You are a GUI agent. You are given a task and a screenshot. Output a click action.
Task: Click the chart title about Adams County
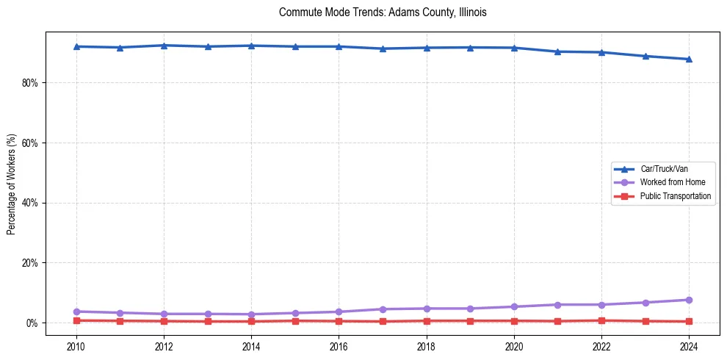[383, 13]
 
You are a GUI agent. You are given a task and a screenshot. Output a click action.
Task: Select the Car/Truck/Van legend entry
[664, 169]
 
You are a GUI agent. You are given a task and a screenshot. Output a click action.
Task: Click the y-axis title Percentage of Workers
[12, 184]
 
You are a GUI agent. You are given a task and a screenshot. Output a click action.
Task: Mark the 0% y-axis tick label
[32, 323]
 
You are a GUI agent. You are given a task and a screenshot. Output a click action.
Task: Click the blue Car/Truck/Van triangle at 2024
[689, 59]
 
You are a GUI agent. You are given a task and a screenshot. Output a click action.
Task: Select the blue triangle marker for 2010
[76, 46]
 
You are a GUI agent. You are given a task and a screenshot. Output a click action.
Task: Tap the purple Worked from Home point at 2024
[689, 300]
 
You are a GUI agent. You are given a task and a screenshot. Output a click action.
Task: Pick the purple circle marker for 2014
[251, 314]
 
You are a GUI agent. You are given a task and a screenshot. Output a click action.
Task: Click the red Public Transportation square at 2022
[601, 320]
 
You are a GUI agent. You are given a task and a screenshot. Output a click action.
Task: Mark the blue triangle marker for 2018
[427, 48]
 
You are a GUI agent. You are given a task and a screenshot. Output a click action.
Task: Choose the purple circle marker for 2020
[514, 306]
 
